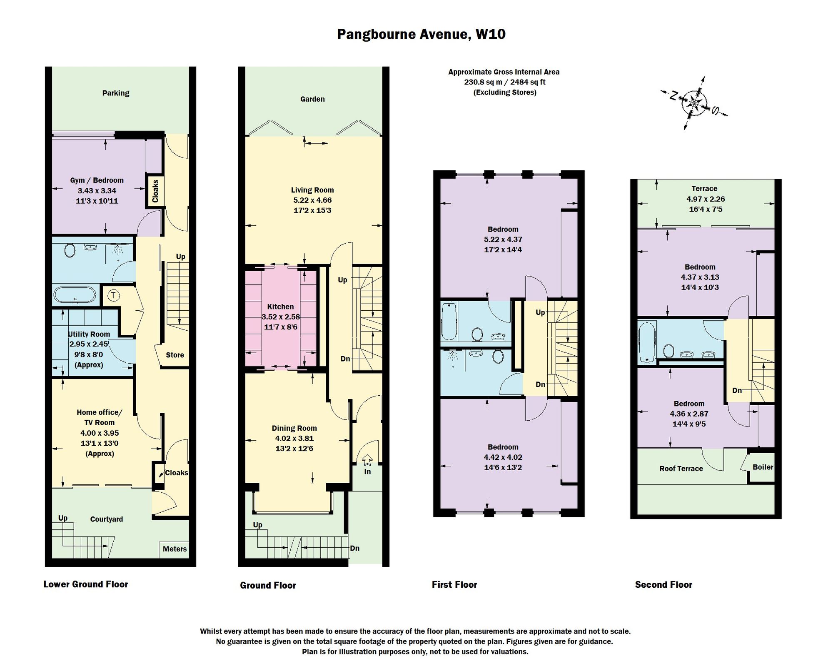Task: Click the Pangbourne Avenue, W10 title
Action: tap(421, 34)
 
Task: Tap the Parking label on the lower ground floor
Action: tap(116, 93)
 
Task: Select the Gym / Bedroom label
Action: tap(97, 180)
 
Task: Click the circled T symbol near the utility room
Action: tap(114, 296)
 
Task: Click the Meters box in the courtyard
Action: tap(175, 549)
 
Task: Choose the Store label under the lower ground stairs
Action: tap(175, 355)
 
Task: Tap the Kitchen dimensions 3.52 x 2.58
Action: tap(281, 317)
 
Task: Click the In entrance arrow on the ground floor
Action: tap(367, 460)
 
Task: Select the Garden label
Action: tap(312, 99)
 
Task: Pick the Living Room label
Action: tap(312, 190)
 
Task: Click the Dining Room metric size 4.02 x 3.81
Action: tap(294, 438)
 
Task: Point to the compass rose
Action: tap(694, 102)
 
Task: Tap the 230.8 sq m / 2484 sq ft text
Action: tap(505, 82)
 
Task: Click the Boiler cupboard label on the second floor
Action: tap(763, 467)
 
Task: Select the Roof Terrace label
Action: tap(681, 469)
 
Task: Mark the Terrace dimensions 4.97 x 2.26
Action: tap(706, 199)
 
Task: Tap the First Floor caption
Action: tap(454, 585)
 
